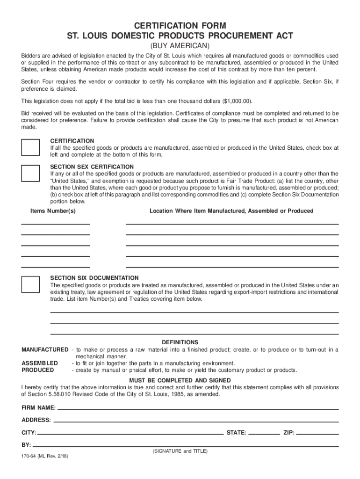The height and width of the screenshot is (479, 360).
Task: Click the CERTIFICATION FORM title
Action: click(x=180, y=25)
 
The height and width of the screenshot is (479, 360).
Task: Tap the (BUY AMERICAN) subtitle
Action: click(x=180, y=46)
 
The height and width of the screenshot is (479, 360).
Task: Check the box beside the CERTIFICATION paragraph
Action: click(x=31, y=147)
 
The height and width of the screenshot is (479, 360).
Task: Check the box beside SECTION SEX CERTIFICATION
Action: click(x=31, y=173)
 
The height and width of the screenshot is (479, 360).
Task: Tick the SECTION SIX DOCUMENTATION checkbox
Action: click(x=31, y=284)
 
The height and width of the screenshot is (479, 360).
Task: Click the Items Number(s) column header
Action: click(x=53, y=211)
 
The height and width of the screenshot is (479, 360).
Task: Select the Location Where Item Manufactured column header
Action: click(x=231, y=211)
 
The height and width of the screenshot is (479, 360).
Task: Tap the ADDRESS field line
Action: click(x=195, y=421)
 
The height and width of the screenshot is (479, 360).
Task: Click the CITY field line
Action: click(x=130, y=434)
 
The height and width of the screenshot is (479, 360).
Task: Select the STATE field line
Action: click(x=264, y=434)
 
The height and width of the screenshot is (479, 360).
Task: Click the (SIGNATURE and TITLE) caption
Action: click(x=180, y=451)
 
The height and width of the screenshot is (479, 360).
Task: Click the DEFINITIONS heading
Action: click(x=180, y=342)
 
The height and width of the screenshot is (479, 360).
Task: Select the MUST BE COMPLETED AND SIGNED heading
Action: click(x=180, y=380)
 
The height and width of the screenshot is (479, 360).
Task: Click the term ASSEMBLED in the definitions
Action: click(x=40, y=363)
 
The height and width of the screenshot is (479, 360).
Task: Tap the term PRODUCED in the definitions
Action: click(x=38, y=370)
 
